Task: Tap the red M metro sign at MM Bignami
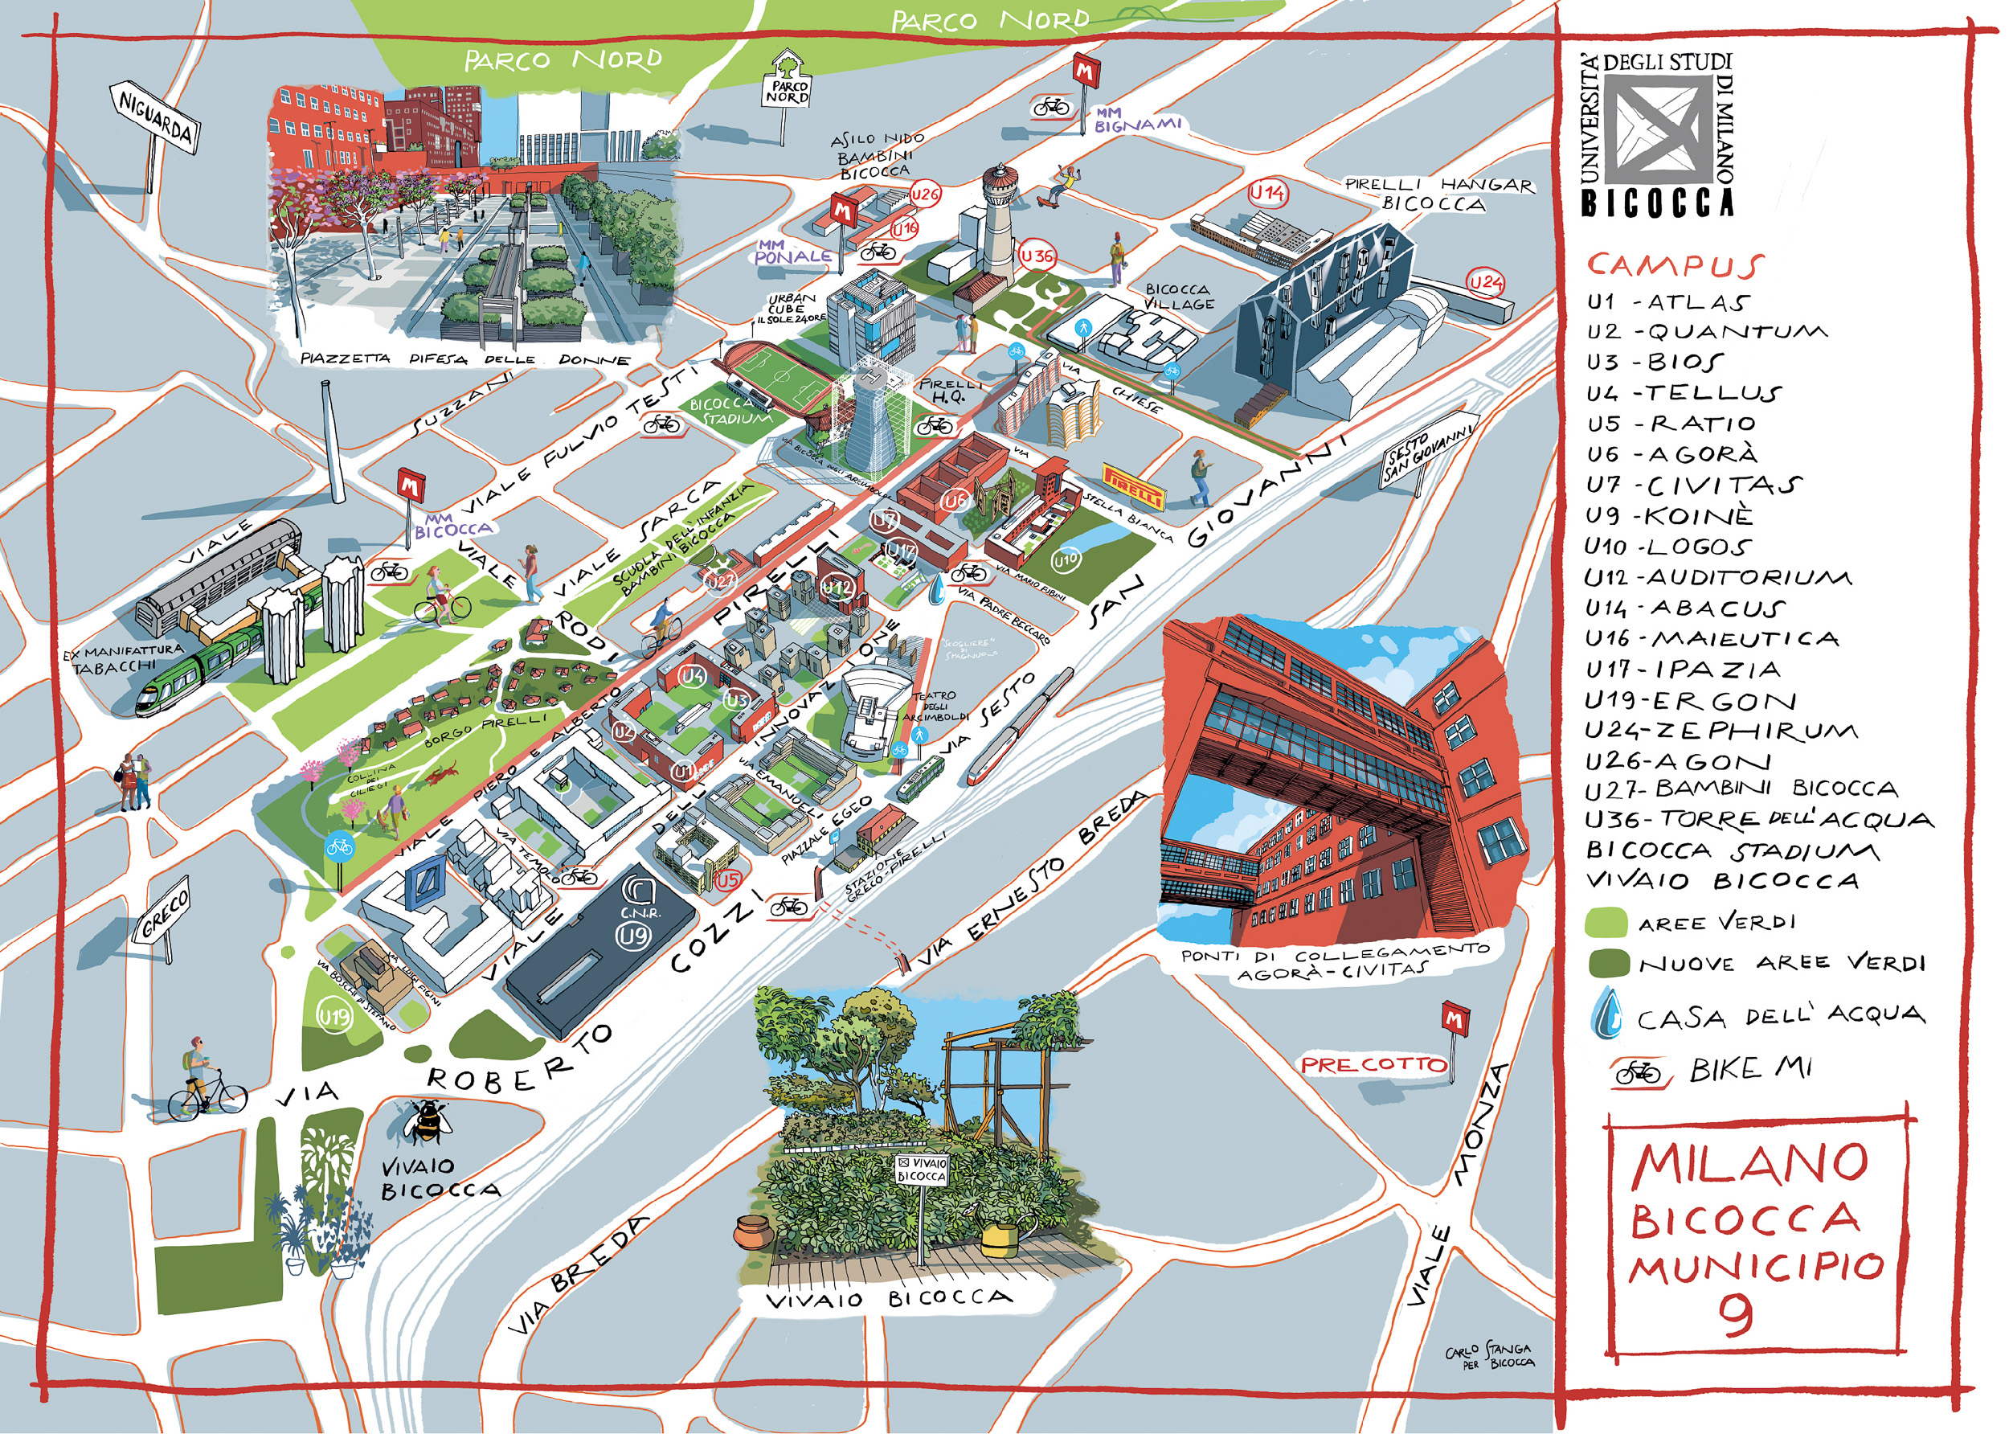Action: pyautogui.click(x=1084, y=71)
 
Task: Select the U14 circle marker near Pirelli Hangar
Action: pyautogui.click(x=1267, y=192)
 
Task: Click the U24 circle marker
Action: pyautogui.click(x=1486, y=283)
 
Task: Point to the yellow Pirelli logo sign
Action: pyautogui.click(x=1134, y=486)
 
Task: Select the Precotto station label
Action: pyautogui.click(x=1373, y=1065)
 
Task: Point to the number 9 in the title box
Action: pyautogui.click(x=1735, y=1315)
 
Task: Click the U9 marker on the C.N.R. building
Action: pyautogui.click(x=634, y=935)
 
